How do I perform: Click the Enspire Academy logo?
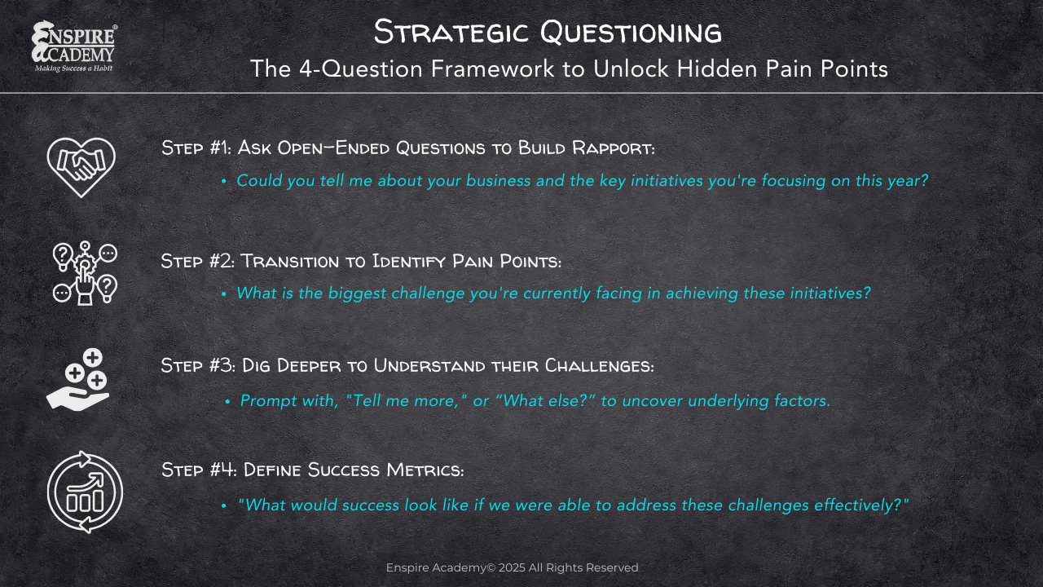pyautogui.click(x=74, y=46)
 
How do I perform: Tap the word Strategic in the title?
pyautogui.click(x=451, y=32)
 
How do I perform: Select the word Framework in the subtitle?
pyautogui.click(x=492, y=68)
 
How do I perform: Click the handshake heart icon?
pyautogui.click(x=81, y=167)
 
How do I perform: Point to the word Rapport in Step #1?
pyautogui.click(x=614, y=148)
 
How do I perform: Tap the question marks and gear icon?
pyautogui.click(x=85, y=273)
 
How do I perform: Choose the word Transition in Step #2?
pyautogui.click(x=289, y=261)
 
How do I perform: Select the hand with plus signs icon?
pyautogui.click(x=77, y=380)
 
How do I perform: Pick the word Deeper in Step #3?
pyautogui.click(x=309, y=366)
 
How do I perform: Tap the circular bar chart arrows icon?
pyautogui.click(x=85, y=492)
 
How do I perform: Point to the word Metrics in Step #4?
pyautogui.click(x=425, y=470)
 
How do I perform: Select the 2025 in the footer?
pyautogui.click(x=512, y=567)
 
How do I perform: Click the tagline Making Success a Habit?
pyautogui.click(x=73, y=68)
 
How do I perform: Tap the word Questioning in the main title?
pyautogui.click(x=631, y=32)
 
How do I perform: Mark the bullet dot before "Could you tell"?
pyautogui.click(x=224, y=181)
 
